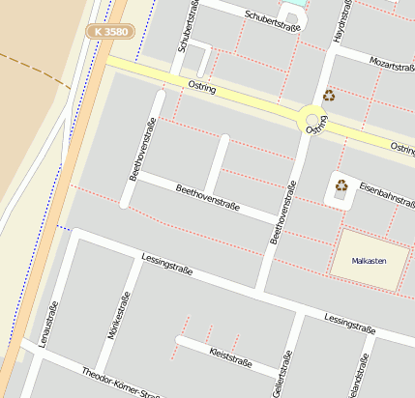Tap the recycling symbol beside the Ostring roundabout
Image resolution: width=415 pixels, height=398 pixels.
[329, 96]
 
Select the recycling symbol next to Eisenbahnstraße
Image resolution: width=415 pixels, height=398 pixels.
[341, 185]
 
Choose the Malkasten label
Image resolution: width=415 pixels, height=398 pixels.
[369, 261]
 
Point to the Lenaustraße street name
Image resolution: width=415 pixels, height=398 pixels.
[44, 324]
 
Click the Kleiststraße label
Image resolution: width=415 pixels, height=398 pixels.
[229, 358]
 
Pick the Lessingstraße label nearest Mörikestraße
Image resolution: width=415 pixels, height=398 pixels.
[166, 264]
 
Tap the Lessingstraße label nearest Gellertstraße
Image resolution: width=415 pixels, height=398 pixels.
[349, 324]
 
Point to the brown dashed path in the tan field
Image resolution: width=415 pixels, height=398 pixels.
[34, 68]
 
